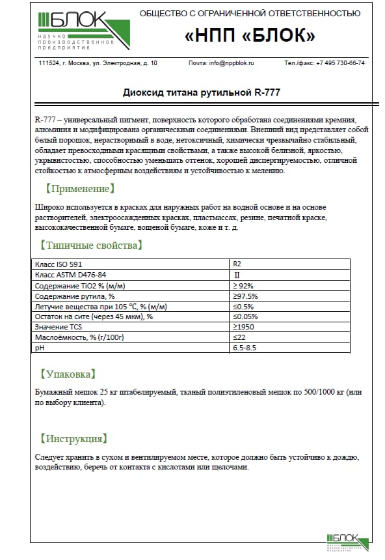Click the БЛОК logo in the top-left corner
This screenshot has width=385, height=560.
point(82,31)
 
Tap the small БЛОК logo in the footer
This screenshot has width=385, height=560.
point(347,540)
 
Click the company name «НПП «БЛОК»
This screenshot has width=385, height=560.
point(250,36)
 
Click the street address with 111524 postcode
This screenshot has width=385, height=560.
point(98,63)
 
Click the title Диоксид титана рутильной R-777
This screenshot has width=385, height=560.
point(202,92)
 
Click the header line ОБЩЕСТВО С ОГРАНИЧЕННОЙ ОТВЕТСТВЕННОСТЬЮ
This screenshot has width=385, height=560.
point(250,13)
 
